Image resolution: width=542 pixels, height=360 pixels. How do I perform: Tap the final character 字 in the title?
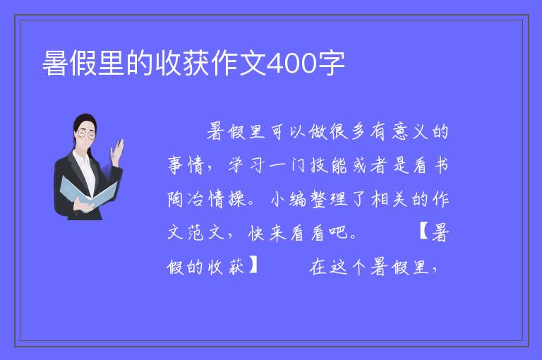point(332,64)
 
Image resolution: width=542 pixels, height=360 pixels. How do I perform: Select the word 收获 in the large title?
point(182,64)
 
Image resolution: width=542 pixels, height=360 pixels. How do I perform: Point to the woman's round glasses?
point(86,134)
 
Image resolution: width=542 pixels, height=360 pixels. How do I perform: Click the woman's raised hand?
point(117,152)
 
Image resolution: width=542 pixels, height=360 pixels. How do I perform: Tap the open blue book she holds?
point(88,192)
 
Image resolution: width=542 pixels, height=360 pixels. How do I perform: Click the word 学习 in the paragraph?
point(247,165)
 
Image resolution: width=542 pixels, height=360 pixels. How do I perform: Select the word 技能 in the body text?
point(328,165)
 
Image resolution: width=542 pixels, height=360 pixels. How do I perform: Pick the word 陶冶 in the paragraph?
point(186,199)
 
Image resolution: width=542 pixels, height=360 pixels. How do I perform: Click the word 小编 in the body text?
point(288,199)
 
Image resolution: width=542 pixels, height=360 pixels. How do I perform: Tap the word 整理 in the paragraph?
point(329,199)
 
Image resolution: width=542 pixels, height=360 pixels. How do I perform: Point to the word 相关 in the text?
point(390,199)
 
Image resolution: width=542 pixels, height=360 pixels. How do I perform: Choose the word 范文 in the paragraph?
point(206,232)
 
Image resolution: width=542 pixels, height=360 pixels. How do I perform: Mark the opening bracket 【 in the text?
point(424,232)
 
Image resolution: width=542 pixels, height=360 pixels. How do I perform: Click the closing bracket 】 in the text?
point(253,265)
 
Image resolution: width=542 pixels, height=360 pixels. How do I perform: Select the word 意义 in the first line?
point(410,131)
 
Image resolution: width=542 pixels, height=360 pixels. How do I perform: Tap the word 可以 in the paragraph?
point(288,131)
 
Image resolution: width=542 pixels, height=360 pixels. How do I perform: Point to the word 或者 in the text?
point(369,165)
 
